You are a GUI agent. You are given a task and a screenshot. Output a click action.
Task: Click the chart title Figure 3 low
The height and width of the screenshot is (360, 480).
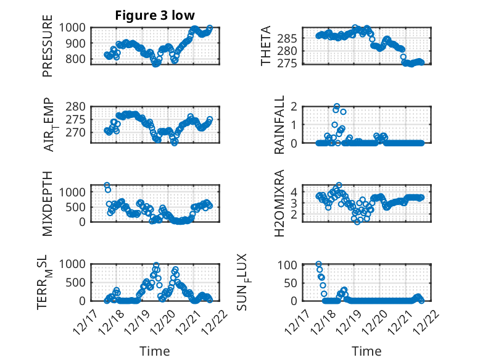tap(154, 15)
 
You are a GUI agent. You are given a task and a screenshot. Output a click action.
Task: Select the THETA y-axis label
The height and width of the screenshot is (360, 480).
tap(266, 46)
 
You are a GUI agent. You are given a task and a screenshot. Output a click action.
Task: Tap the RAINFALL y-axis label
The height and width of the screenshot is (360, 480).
tap(279, 124)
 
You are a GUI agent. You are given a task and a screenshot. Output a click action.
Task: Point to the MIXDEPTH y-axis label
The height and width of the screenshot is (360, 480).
tap(48, 203)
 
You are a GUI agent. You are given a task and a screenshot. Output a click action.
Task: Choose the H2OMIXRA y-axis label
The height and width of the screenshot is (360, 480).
tap(279, 203)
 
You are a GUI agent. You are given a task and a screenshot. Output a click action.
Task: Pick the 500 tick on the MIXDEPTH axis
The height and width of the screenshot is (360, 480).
tap(78, 207)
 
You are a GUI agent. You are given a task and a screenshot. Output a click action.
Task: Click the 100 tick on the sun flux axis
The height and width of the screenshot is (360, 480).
tap(289, 265)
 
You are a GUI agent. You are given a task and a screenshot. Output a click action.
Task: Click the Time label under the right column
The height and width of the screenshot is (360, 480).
tap(366, 351)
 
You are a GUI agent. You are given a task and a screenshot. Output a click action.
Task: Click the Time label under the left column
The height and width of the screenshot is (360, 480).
tap(154, 351)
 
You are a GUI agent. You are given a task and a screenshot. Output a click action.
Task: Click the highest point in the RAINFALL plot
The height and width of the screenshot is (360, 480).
tap(337, 107)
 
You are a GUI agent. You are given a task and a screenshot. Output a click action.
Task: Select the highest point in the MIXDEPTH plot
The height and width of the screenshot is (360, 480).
tap(107, 185)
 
